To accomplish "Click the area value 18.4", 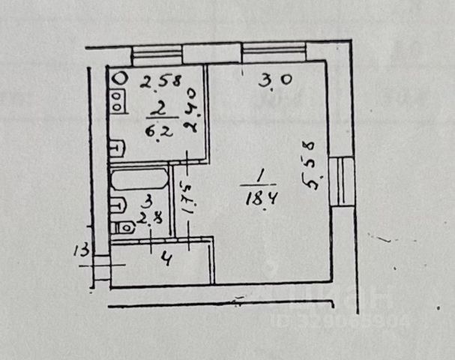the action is coord(257,198).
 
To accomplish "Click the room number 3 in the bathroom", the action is coord(148,201).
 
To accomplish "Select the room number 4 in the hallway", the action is coord(167,262).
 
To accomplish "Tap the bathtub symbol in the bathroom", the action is coord(138,180).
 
